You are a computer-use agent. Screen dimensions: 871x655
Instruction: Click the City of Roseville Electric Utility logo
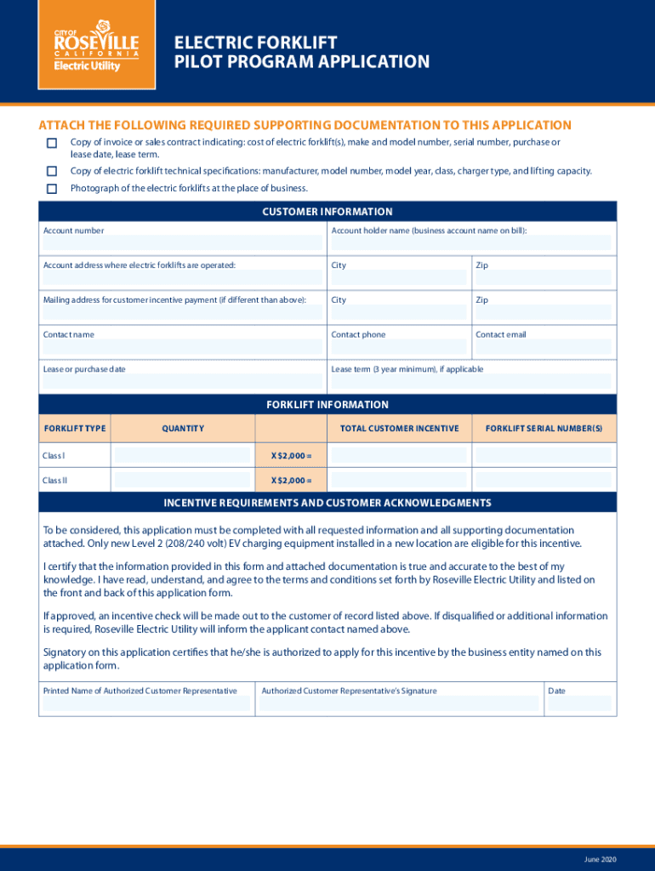tap(96, 52)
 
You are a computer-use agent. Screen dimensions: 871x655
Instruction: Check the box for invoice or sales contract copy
tap(52, 143)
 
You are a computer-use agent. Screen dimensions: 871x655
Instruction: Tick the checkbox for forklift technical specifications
tap(52, 172)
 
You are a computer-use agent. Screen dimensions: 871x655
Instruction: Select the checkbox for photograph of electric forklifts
tap(52, 189)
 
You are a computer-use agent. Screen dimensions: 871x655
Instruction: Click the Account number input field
tap(182, 243)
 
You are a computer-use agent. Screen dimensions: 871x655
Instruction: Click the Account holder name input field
tap(470, 243)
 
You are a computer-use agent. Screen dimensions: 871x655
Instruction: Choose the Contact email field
tap(543, 347)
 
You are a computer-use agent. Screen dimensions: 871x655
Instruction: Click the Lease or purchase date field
tap(182, 382)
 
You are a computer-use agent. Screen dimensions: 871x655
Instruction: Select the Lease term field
tap(470, 382)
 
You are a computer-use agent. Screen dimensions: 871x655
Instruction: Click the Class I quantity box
tap(182, 456)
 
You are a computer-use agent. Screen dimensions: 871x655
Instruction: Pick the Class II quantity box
tap(182, 481)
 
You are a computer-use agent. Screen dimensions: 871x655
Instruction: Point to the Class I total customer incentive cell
tap(398, 456)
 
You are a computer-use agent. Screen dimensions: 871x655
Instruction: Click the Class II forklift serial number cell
tap(543, 481)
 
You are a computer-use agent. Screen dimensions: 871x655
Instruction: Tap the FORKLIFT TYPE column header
tap(75, 429)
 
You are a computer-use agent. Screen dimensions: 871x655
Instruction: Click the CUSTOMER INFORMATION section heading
tap(327, 212)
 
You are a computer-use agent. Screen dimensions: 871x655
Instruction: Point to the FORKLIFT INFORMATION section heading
tap(327, 405)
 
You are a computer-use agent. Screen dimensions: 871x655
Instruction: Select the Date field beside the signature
tap(579, 703)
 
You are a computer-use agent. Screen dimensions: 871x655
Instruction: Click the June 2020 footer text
tap(601, 860)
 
